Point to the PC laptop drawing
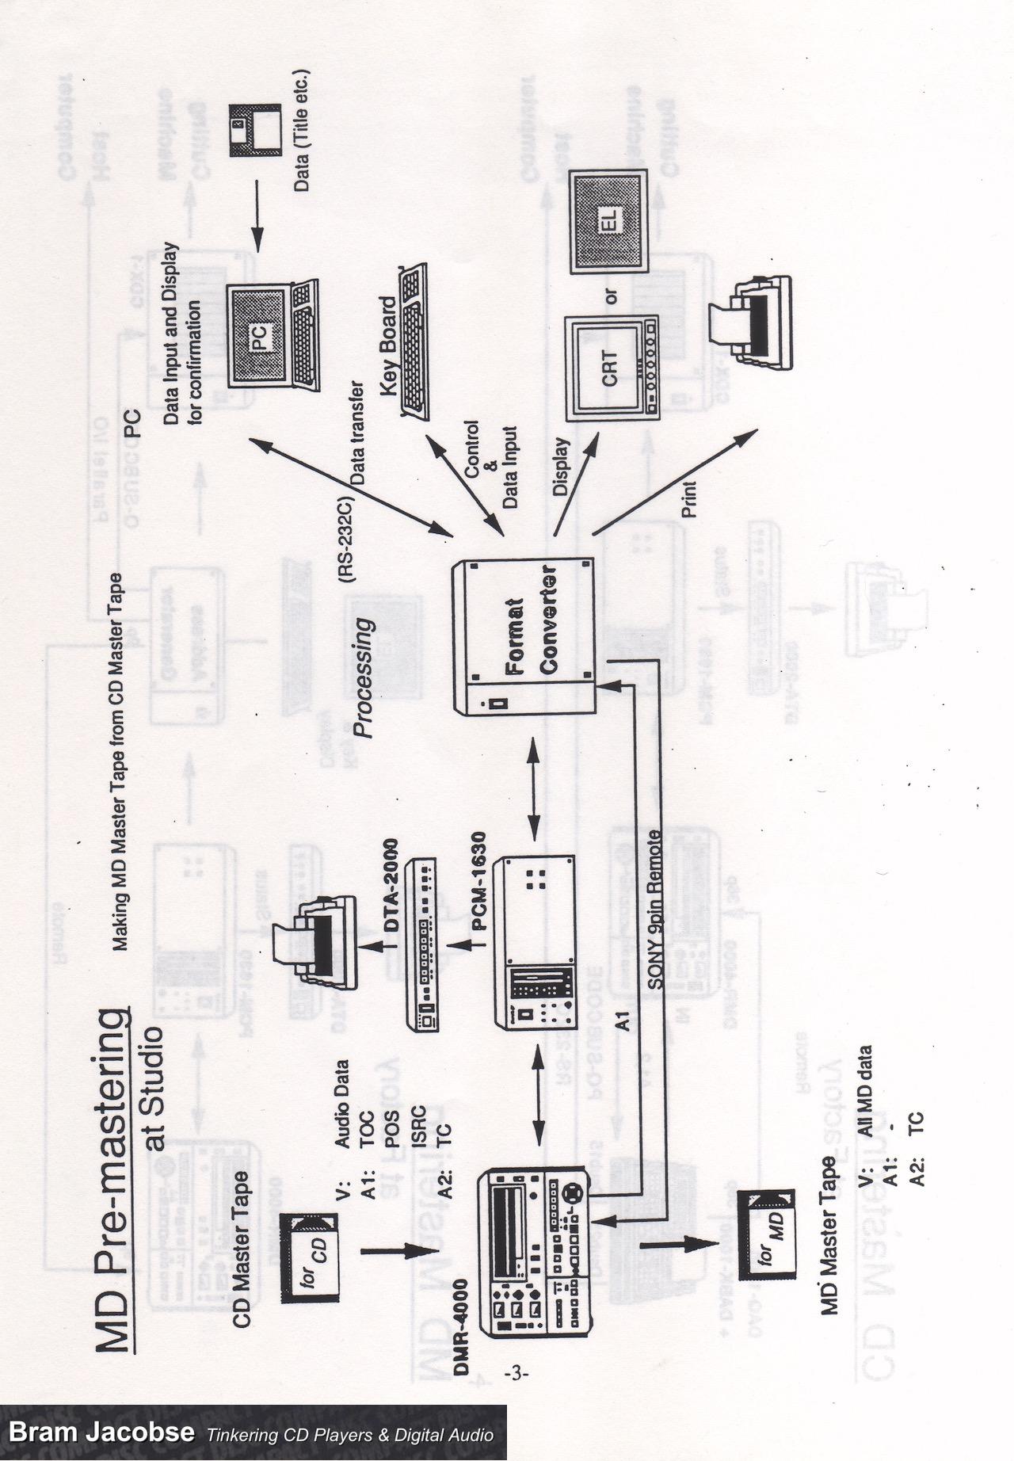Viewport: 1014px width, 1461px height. [269, 337]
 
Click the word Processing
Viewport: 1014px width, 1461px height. [363, 677]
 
